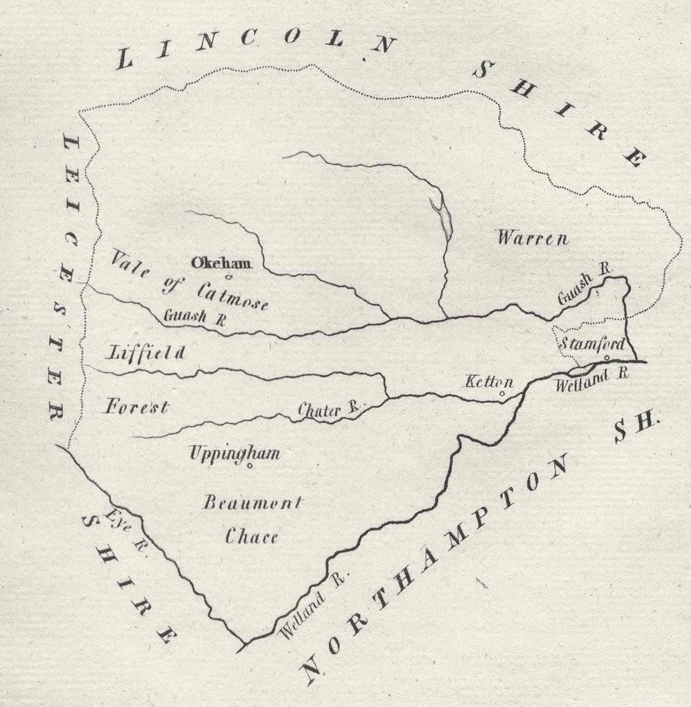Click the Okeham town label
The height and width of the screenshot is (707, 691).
coord(221,263)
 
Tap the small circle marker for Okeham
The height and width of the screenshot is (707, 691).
coord(229,277)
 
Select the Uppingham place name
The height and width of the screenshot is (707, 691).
coord(234,453)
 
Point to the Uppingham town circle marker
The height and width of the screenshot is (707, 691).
coord(249,465)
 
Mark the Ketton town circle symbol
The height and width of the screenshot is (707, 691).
coord(502,392)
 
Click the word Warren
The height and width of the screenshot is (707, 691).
coord(532,239)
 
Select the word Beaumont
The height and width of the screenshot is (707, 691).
coord(252,503)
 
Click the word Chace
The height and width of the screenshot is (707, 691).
coord(252,537)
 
